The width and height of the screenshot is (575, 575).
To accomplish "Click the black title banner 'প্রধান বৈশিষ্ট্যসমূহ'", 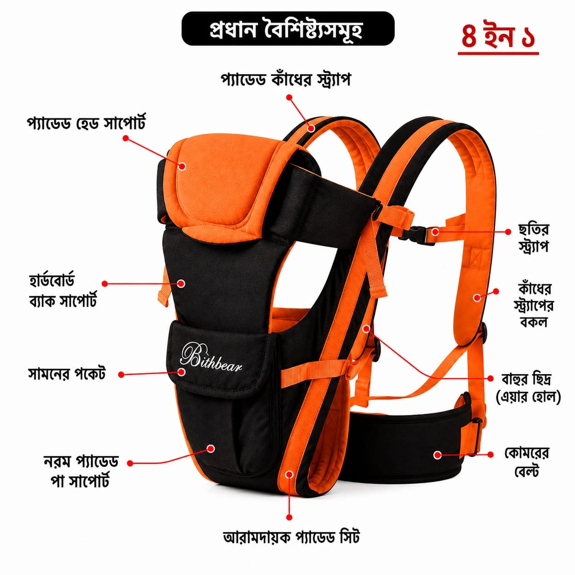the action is (x=288, y=28).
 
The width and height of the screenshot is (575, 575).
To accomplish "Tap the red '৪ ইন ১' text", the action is (x=498, y=37).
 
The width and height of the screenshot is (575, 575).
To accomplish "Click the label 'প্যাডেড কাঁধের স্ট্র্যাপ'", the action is (x=286, y=79).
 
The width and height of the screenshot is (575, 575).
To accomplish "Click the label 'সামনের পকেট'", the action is (x=67, y=374).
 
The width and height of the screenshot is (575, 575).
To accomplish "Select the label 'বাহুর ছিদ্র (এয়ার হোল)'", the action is (x=528, y=388).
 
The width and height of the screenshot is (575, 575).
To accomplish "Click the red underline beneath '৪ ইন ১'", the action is (x=498, y=53).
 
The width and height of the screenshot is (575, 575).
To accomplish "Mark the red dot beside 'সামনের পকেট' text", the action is (x=121, y=375).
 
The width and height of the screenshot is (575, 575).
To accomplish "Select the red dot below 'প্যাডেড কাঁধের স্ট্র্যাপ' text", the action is (x=288, y=98).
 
